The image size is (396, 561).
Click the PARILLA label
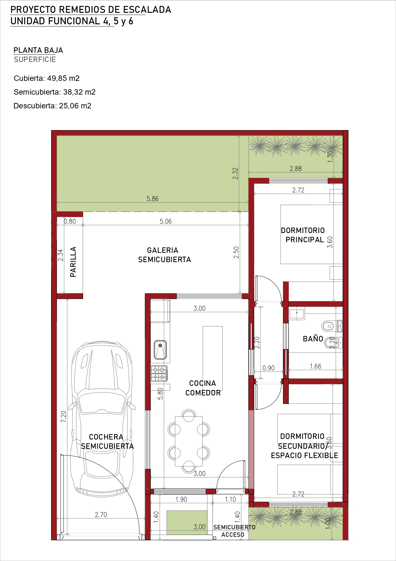tap(73, 262)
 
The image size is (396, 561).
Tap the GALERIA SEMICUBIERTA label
tap(164, 255)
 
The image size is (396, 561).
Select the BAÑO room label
tap(313, 339)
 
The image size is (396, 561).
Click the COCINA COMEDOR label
tap(203, 388)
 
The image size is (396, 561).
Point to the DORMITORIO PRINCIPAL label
tap(303, 235)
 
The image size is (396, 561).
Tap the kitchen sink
tap(160, 350)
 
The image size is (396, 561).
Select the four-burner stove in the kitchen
tap(159, 373)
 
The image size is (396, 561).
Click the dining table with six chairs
tap(189, 441)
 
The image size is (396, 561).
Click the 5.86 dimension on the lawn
tap(153, 199)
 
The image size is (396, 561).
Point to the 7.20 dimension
tap(64, 417)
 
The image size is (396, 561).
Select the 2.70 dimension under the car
tap(101, 515)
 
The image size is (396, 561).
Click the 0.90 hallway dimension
tap(269, 368)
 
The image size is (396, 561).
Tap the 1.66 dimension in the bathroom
tap(316, 366)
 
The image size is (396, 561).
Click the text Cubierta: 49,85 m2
tap(47, 78)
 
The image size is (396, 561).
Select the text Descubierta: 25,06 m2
tap(52, 106)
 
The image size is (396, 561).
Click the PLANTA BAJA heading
tap(38, 50)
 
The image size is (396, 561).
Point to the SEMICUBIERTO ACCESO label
tap(234, 531)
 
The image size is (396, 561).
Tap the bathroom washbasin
tap(297, 313)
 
